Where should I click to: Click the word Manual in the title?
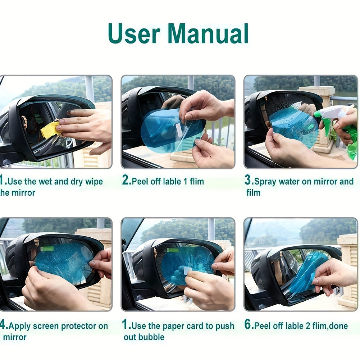tap(208, 34)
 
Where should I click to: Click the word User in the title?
tap(134, 34)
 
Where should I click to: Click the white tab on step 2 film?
tap(179, 130)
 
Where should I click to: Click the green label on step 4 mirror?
tap(47, 249)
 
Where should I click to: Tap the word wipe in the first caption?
tap(94, 182)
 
